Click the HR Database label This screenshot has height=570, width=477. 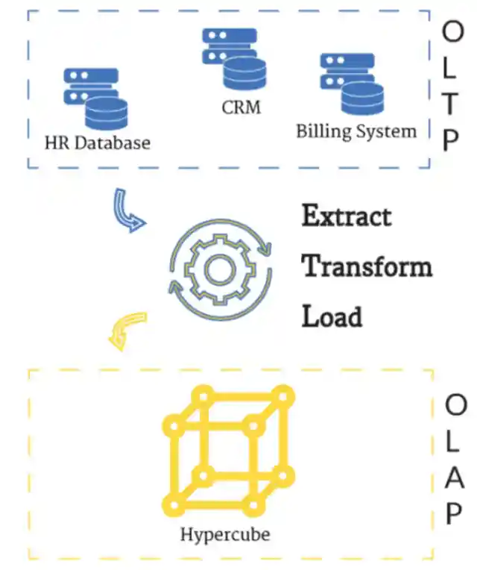[x=97, y=142]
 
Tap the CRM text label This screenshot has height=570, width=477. [x=241, y=107]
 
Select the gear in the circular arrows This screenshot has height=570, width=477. [x=218, y=268]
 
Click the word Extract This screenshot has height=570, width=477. [x=347, y=216]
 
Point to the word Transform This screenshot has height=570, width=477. [x=367, y=266]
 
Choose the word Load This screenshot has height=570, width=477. [x=332, y=316]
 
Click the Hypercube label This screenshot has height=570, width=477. [x=225, y=534]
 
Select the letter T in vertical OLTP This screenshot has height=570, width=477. [x=451, y=105]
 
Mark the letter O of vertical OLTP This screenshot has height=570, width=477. [x=452, y=31]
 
